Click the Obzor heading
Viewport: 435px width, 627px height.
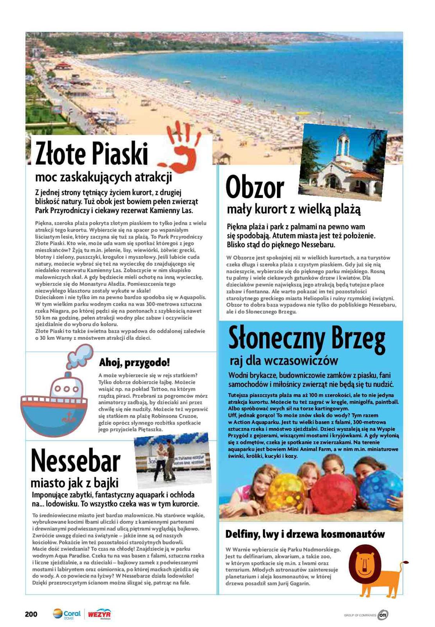tap(255, 188)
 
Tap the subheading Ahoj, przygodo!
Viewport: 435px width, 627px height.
tap(134, 362)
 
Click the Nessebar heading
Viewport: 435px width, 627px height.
tap(75, 461)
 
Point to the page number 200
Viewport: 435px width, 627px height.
tap(31, 614)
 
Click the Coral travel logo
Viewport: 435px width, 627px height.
tap(67, 614)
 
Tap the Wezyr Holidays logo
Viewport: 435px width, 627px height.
tap(99, 614)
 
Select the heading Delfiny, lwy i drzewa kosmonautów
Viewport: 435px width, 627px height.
tap(305, 534)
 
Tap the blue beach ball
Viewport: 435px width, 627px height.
tap(380, 490)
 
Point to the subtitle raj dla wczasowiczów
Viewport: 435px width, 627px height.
tap(284, 361)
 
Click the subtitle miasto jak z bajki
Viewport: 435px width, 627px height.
tap(74, 482)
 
